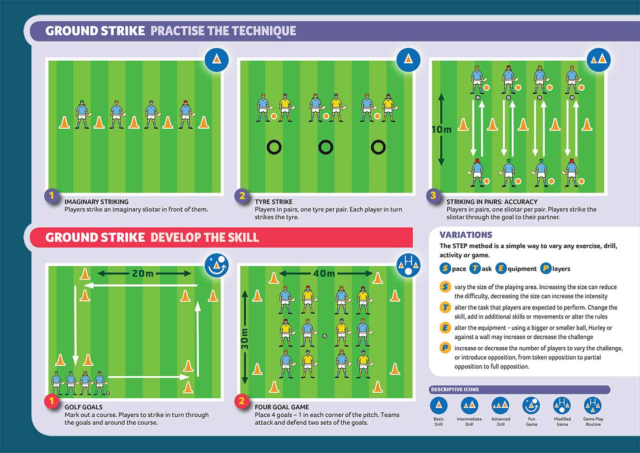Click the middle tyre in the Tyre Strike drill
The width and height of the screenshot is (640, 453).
pyautogui.click(x=326, y=147)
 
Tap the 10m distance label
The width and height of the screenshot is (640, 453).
pyautogui.click(x=442, y=129)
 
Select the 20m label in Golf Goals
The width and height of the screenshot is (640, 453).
pyautogui.click(x=143, y=273)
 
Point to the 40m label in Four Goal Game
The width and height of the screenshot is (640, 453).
pyautogui.click(x=324, y=273)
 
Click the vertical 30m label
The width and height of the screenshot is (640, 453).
pyautogui.click(x=244, y=338)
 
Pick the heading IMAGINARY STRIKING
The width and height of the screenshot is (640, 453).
pyautogui.click(x=96, y=202)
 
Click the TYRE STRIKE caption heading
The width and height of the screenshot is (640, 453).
pyautogui.click(x=274, y=202)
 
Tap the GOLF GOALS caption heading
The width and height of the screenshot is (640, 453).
pyautogui.click(x=84, y=407)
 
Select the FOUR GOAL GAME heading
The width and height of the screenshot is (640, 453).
pyautogui.click(x=282, y=407)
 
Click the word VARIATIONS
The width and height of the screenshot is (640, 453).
pyautogui.click(x=465, y=235)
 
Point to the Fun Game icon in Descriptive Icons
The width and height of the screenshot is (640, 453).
pyautogui.click(x=531, y=405)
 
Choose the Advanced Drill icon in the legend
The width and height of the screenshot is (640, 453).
pyautogui.click(x=500, y=405)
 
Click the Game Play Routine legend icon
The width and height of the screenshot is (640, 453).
pyautogui.click(x=593, y=405)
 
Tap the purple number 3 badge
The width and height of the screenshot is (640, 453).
pyautogui.click(x=433, y=196)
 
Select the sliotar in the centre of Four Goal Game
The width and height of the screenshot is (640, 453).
pyautogui.click(x=324, y=336)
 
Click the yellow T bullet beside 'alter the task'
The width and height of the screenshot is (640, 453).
pyautogui.click(x=445, y=307)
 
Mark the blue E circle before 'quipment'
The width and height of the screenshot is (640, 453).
pyautogui.click(x=501, y=269)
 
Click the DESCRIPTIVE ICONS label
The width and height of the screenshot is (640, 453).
pyautogui.click(x=455, y=390)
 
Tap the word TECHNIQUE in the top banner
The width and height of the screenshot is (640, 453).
pyautogui.click(x=264, y=31)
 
